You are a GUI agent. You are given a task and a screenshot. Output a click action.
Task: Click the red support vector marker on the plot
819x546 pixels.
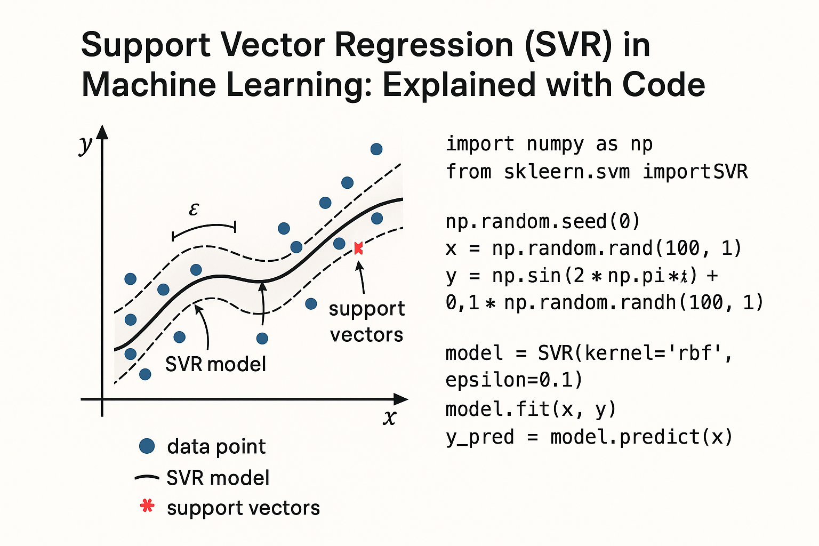pyautogui.click(x=358, y=248)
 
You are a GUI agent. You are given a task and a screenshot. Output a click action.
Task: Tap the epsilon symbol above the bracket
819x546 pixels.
pyautogui.click(x=194, y=210)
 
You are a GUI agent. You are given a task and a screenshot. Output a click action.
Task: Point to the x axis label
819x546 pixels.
pyautogui.click(x=390, y=417)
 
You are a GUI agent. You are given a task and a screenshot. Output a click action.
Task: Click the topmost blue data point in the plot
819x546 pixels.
pyautogui.click(x=376, y=149)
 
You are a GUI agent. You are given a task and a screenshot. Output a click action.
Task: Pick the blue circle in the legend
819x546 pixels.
pyautogui.click(x=147, y=446)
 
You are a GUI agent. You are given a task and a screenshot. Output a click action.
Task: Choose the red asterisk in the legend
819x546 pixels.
pyautogui.click(x=147, y=506)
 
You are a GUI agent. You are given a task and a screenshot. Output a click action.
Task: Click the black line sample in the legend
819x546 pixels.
pyautogui.click(x=147, y=478)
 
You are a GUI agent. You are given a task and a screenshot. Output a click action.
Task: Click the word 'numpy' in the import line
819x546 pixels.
pyautogui.click(x=555, y=144)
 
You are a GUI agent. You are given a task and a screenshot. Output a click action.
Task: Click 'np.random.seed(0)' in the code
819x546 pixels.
pyautogui.click(x=542, y=221)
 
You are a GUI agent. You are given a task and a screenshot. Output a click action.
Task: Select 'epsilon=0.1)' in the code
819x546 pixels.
pyautogui.click(x=514, y=380)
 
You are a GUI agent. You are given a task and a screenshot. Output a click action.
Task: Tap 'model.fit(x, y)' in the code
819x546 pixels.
pyautogui.click(x=531, y=409)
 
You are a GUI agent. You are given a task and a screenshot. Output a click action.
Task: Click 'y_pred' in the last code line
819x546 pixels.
pyautogui.click(x=480, y=437)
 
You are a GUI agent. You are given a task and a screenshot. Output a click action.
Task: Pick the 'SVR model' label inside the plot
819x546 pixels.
pyautogui.click(x=215, y=364)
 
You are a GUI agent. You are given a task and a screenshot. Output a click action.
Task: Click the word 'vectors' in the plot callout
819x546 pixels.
pyautogui.click(x=367, y=335)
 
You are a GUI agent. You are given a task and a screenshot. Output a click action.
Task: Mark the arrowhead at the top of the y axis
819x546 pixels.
pyautogui.click(x=102, y=132)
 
